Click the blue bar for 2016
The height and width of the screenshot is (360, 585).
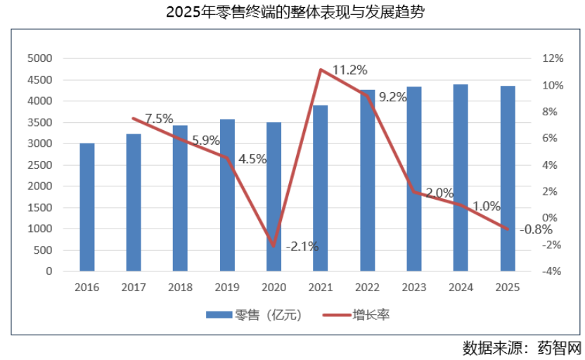pos(87,207)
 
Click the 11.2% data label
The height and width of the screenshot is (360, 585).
pos(349,70)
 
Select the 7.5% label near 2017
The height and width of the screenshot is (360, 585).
pos(159,119)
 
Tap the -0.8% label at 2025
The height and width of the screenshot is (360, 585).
pos(535,229)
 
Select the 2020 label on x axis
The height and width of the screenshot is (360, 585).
pos(274,287)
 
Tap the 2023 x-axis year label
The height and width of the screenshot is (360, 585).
pos(413,287)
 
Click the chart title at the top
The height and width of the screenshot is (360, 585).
pos(292,13)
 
